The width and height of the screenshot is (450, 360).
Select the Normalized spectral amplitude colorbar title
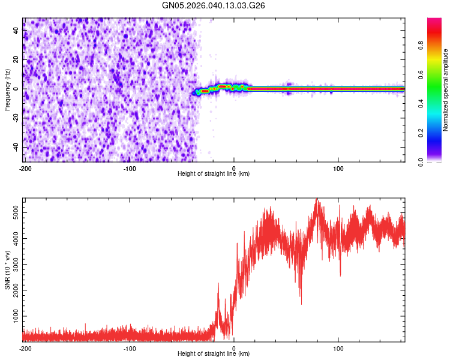pos(446,90)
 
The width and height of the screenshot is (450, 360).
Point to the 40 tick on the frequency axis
pos(16,31)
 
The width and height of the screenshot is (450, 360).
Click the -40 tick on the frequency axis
pos(16,148)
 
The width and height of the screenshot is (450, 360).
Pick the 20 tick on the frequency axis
pos(16,60)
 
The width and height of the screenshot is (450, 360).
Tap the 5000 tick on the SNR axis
pos(16,212)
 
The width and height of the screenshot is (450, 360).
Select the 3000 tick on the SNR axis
pos(16,264)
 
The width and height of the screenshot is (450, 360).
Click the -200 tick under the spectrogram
pos(25,168)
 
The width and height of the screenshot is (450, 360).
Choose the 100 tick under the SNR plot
pos(338,348)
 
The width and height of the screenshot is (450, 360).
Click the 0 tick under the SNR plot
pos(234,348)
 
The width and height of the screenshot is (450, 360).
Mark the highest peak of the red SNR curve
pos(317,200)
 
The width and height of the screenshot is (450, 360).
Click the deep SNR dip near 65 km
pos(301,303)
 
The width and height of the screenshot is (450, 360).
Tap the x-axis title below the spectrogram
pos(214,174)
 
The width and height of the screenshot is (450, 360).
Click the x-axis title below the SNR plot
pos(214,354)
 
